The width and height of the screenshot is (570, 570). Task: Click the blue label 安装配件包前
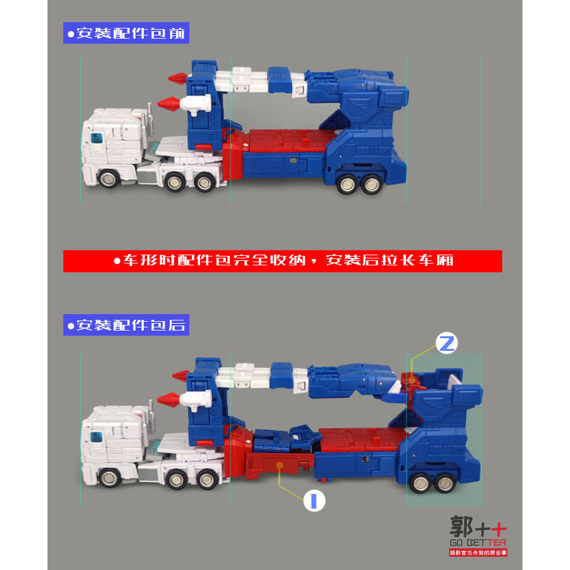126,33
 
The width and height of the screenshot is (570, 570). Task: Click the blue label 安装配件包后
126,326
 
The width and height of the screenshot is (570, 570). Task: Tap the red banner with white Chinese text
282,261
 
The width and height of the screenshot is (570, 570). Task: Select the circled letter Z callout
446,344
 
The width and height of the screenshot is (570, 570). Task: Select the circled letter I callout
314,501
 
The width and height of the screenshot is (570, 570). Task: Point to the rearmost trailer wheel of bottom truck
445,483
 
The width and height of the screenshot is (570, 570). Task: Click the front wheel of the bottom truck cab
107,478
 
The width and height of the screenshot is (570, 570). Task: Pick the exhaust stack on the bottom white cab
150,412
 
